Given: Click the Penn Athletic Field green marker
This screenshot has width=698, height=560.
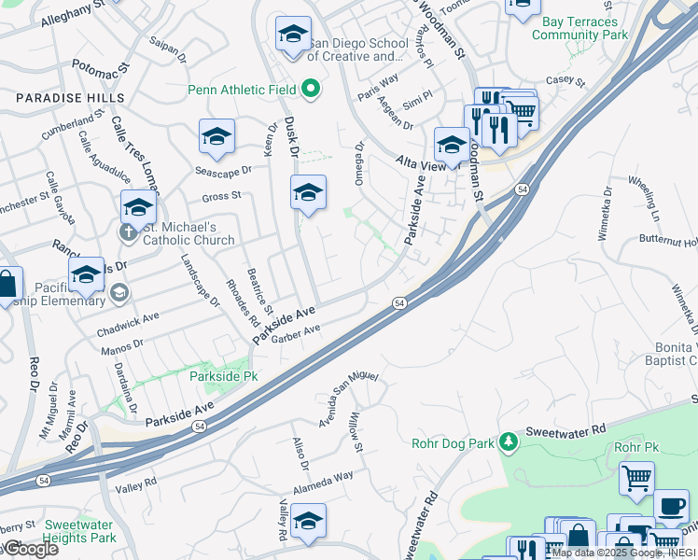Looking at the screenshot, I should coord(312,91).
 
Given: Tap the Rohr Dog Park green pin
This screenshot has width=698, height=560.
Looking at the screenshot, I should coord(508,441).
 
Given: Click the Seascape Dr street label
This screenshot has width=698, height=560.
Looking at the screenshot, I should coord(224,171).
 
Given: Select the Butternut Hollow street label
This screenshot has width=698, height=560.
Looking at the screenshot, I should coord(668,240).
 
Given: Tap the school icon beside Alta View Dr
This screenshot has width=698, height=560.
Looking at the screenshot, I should coord(452,146).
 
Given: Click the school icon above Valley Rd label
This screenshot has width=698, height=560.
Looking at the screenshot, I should coord(308,522).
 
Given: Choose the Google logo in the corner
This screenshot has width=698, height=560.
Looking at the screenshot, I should coord(30,549).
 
